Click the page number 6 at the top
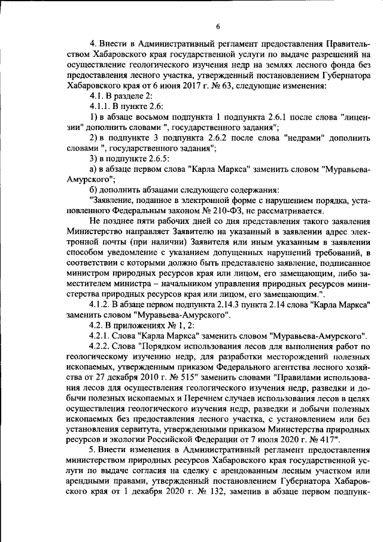click(218, 26)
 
